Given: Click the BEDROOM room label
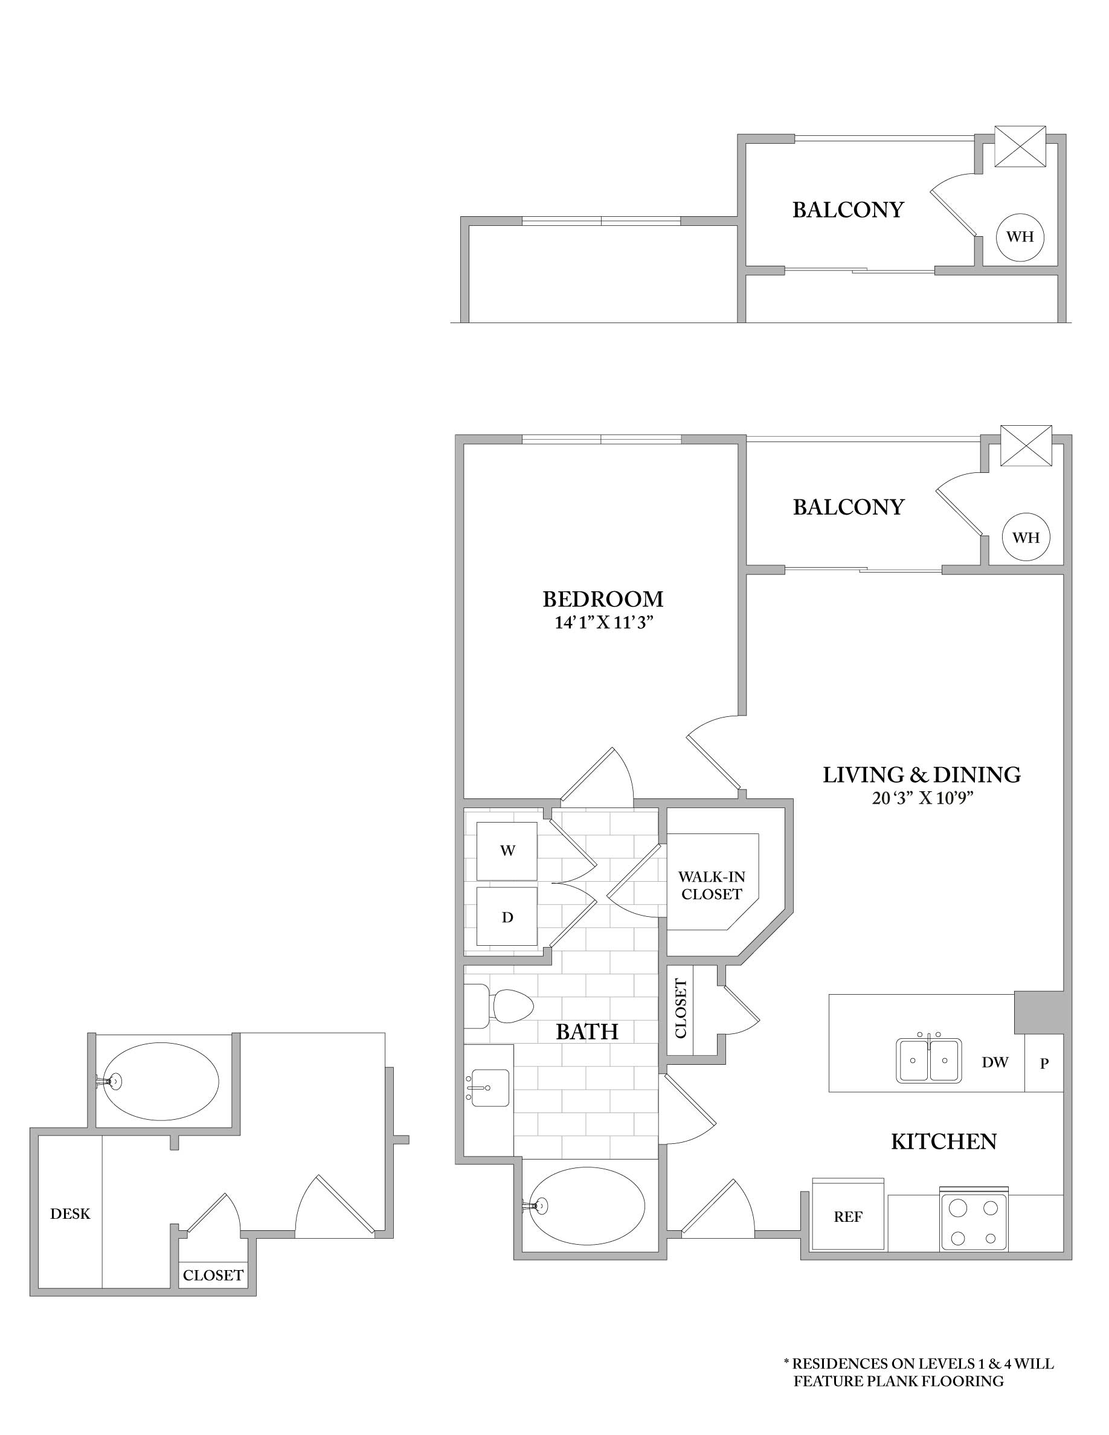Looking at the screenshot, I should (x=602, y=599).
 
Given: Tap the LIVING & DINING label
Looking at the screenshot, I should (x=921, y=775).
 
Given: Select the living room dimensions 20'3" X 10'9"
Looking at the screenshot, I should (x=921, y=798).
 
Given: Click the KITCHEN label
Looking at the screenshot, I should (x=943, y=1142).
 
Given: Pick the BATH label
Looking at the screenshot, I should (x=587, y=1032).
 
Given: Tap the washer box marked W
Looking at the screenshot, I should (x=507, y=851).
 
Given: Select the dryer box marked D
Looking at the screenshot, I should (x=507, y=917).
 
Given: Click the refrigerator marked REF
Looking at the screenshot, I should (x=847, y=1217).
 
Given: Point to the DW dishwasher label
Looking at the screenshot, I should (x=995, y=1062).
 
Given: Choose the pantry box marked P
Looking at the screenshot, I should (x=1044, y=1063).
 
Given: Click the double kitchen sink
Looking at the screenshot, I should (x=929, y=1060).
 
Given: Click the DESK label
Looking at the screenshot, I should (x=70, y=1213).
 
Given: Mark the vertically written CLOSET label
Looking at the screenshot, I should (x=681, y=1009).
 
